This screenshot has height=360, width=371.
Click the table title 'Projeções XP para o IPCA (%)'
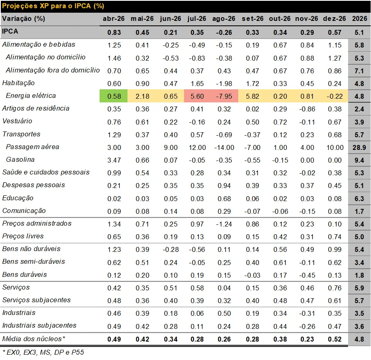point(53,6)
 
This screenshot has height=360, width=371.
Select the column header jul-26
point(197,18)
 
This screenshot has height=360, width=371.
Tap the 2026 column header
point(360,18)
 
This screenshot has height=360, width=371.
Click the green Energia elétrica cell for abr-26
point(114,96)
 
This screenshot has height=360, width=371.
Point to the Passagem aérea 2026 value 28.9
point(360,147)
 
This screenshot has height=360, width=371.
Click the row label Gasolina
point(20,159)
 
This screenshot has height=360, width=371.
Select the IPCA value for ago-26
point(224,32)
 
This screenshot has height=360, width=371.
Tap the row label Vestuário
point(17,121)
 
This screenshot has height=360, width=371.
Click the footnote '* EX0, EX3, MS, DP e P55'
point(43,352)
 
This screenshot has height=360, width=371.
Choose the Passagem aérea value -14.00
point(224,147)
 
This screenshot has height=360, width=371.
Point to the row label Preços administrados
point(37,223)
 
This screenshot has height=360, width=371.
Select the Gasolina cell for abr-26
point(114,160)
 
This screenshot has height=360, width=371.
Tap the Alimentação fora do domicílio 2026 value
point(360,70)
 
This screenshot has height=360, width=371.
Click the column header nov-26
point(307,18)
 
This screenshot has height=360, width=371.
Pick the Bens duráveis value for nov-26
point(307,274)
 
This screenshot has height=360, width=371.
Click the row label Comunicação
point(24,211)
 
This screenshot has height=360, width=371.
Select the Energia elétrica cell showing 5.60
point(197,96)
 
